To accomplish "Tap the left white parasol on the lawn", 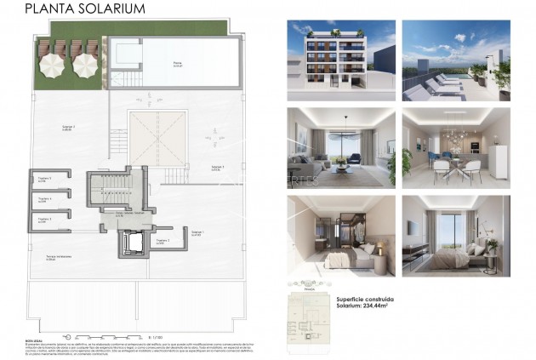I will click(54, 64).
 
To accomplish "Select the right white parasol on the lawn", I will click(84, 64).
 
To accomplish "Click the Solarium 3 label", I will click(217, 168).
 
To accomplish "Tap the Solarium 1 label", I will click(197, 231).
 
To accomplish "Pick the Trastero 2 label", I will click(163, 241).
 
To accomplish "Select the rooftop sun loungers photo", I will click(455, 60).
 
